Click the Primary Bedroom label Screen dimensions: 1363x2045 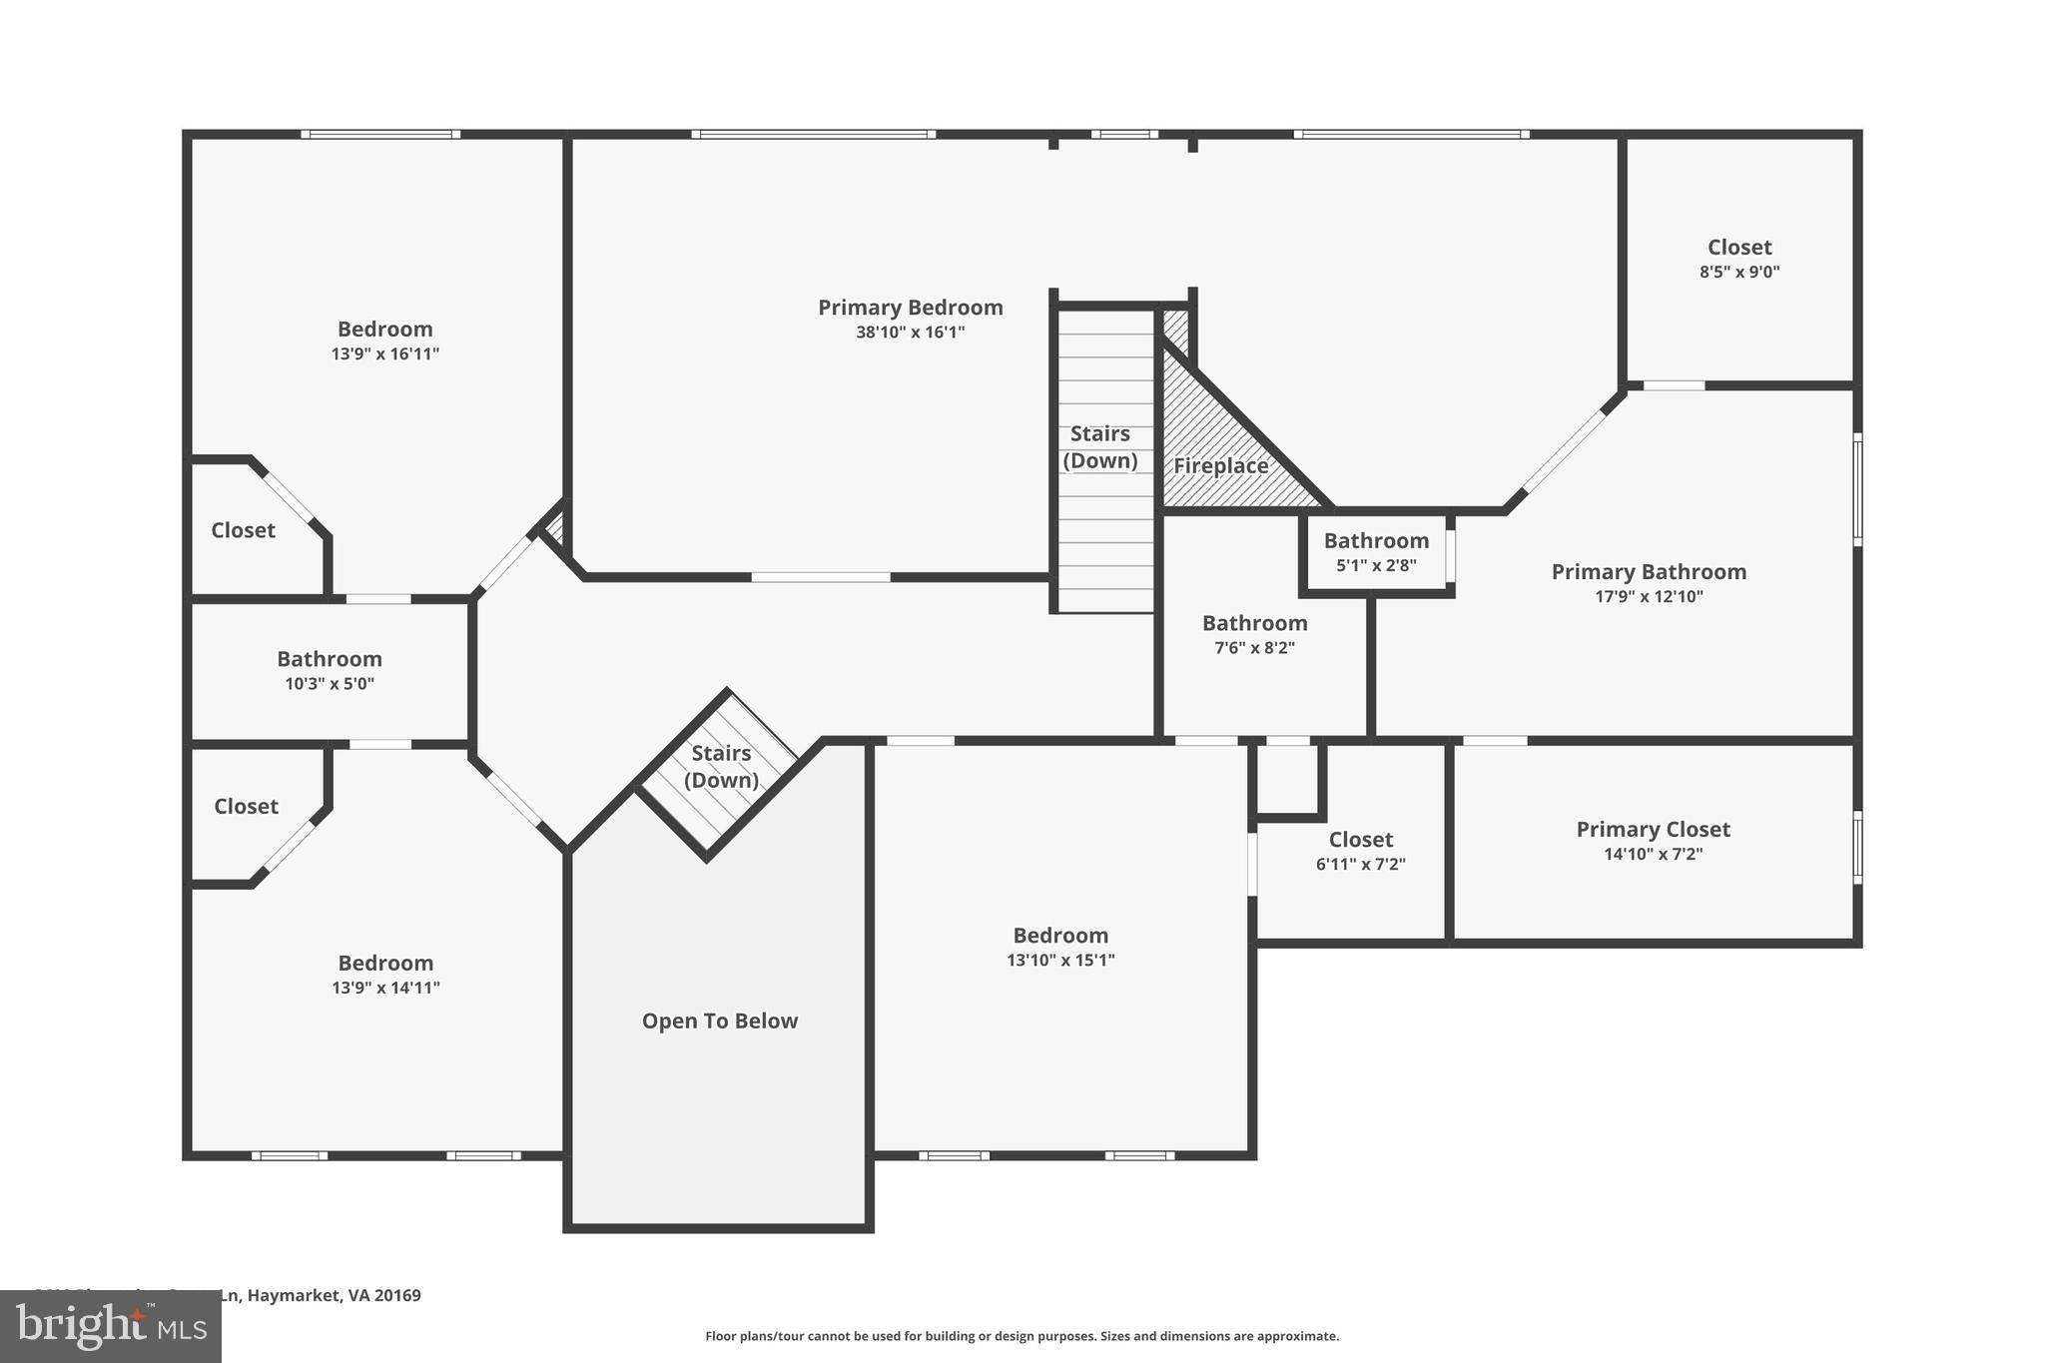[x=910, y=308]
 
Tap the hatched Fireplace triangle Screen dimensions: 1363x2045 [x=1219, y=465]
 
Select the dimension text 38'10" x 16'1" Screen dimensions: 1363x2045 [x=910, y=333]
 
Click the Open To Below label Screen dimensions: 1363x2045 [x=719, y=1021]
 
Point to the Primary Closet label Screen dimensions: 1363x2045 [x=1653, y=829]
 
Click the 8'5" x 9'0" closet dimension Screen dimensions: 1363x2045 [x=1739, y=272]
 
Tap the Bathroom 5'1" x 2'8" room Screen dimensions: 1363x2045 [x=1376, y=551]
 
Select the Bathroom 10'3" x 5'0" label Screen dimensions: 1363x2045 [x=329, y=659]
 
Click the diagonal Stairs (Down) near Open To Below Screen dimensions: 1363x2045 [x=721, y=767]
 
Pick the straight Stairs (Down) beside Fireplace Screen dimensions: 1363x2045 [x=1100, y=447]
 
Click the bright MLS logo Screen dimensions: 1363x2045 [x=110, y=1326]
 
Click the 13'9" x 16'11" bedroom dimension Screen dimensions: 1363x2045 [x=384, y=353]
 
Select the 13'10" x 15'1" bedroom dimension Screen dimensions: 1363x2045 [x=1060, y=961]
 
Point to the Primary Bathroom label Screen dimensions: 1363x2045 [x=1649, y=572]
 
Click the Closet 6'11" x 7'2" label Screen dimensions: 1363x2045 [x=1360, y=840]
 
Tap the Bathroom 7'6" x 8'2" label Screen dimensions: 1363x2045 [x=1254, y=623]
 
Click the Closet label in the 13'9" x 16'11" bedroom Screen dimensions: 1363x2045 [x=243, y=530]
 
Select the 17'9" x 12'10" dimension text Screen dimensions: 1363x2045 [x=1649, y=597]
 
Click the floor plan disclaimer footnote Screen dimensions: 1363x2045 [x=1022, y=1336]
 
